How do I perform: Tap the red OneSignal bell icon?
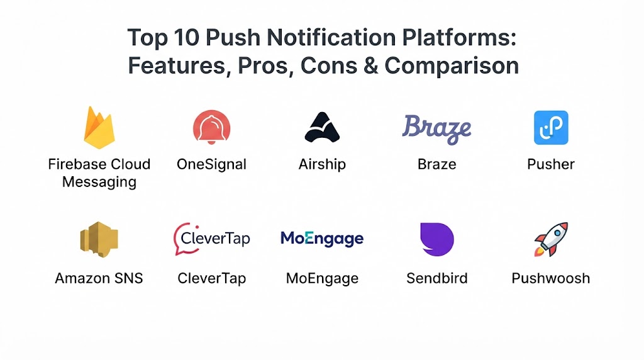(211, 127)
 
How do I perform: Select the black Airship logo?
(322, 127)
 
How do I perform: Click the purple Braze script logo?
(436, 129)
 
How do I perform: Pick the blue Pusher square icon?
(551, 127)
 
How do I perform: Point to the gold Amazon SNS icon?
(99, 239)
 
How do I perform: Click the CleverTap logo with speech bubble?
(211, 239)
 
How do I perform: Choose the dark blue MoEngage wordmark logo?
(322, 239)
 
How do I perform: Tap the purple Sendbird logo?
(437, 239)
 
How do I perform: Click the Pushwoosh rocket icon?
(551, 239)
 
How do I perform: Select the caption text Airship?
(322, 164)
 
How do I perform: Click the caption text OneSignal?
(211, 164)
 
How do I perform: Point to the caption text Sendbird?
(437, 278)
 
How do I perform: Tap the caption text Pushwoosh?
(551, 278)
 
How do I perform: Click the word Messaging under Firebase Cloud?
(99, 182)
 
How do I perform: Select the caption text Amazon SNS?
(99, 278)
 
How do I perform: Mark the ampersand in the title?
(370, 65)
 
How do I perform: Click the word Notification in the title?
(331, 38)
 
